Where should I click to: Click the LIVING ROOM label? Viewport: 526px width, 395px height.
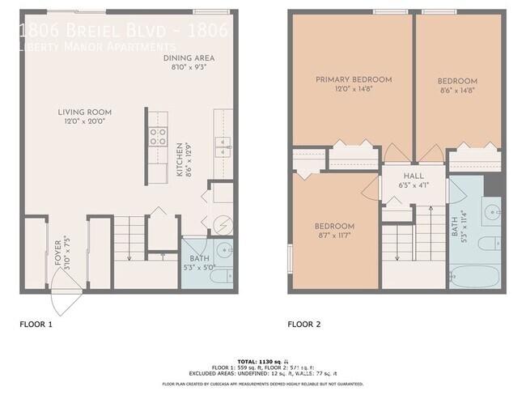[x=84, y=112]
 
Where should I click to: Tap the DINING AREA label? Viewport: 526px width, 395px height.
[x=189, y=58]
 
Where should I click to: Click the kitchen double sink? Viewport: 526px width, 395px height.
[x=223, y=146]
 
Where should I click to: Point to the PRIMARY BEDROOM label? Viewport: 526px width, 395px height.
[x=354, y=79]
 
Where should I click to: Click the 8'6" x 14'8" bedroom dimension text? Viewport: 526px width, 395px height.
[x=457, y=91]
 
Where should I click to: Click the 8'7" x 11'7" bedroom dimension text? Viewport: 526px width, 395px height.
[x=334, y=235]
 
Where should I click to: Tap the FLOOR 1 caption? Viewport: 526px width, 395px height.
[x=36, y=325]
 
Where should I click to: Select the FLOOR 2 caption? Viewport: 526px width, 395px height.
[x=304, y=325]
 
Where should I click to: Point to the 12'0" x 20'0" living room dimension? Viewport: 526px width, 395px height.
[x=84, y=121]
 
